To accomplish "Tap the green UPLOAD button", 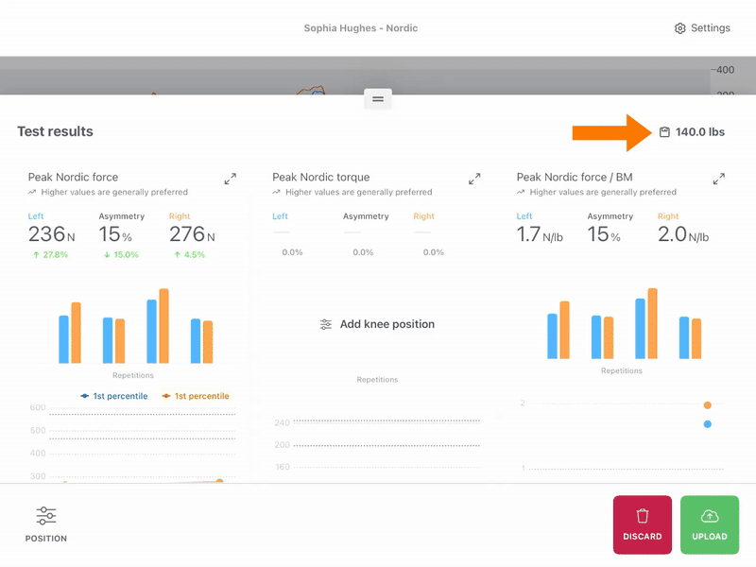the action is point(710,524).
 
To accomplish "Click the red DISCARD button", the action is point(643,524).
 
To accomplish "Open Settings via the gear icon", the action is point(679,28).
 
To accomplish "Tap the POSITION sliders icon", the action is point(46,515).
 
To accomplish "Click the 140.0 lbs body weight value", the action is point(699,132).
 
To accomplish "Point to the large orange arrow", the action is point(611,132).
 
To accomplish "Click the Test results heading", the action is point(56,131).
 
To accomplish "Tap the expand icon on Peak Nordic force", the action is point(231,179).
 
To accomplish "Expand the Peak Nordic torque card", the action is point(474,179).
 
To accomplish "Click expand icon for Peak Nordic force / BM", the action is point(719,179).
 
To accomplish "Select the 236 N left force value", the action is point(52,234).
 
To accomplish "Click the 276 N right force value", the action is point(192,234).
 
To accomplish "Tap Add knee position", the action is point(377,324).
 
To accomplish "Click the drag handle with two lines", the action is point(378,99).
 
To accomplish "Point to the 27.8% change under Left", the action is point(51,254).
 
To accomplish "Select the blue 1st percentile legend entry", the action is point(114,396).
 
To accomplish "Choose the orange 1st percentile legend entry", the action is point(196,396).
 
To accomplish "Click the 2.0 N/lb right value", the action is point(683,234).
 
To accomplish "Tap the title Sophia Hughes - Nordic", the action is point(361,28).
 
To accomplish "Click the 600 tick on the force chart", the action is point(38,407).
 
